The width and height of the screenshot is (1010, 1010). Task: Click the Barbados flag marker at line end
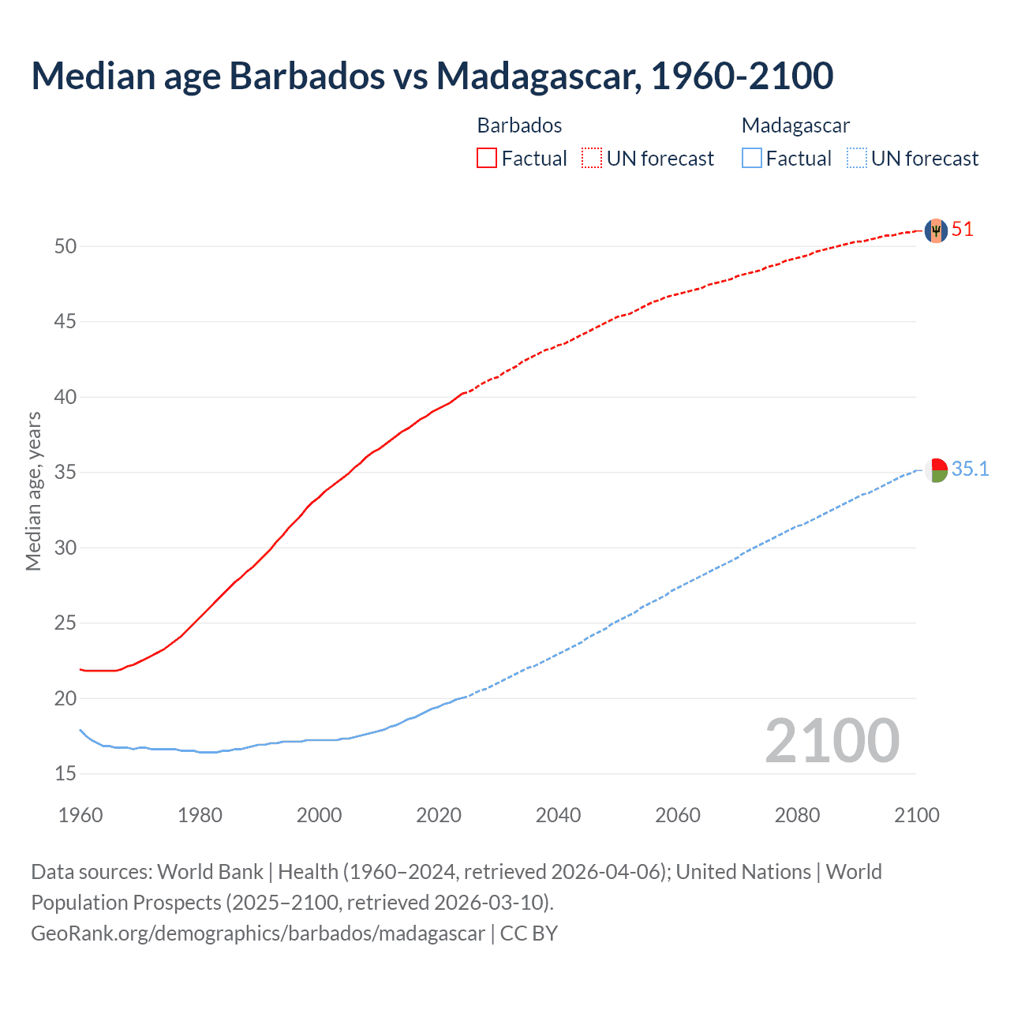point(936,230)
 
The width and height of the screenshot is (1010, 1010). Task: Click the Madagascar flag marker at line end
point(936,470)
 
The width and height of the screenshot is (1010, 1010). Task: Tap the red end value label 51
point(963,230)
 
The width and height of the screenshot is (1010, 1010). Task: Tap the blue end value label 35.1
point(970,469)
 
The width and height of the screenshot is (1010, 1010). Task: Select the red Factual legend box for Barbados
point(487,158)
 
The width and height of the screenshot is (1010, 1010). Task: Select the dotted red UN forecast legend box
point(592,158)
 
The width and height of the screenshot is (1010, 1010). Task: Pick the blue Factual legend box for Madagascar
point(752,158)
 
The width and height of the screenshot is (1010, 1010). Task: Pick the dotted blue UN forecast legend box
point(857,158)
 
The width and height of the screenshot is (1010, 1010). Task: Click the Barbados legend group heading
point(519,125)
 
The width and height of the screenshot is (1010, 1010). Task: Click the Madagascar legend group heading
point(795,125)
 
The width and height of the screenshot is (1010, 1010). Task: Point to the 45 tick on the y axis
point(65,322)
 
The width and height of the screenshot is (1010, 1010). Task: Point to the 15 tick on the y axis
point(65,774)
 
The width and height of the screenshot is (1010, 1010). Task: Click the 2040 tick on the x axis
point(558,815)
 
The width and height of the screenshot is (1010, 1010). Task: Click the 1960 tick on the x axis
point(80,815)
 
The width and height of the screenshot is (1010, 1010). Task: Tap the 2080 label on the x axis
point(797,815)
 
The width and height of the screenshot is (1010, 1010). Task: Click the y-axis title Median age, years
point(33,491)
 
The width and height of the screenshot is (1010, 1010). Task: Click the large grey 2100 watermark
point(832,740)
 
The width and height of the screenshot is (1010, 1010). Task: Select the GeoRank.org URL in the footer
point(258,933)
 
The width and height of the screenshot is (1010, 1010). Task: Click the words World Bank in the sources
point(210,872)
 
